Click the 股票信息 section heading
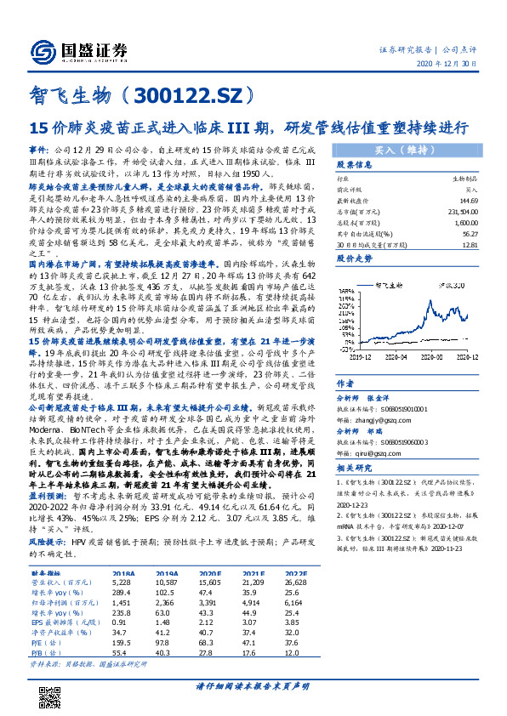click(x=354, y=165)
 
